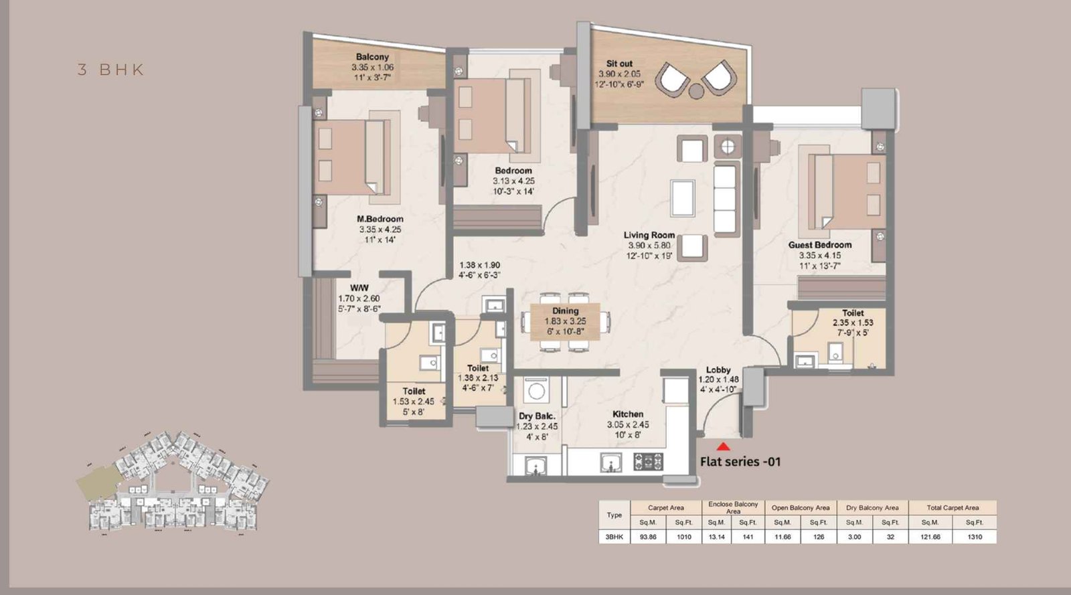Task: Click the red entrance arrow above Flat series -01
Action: (x=723, y=446)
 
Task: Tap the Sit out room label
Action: (x=619, y=64)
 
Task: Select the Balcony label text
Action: (x=372, y=58)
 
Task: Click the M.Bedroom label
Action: (x=380, y=219)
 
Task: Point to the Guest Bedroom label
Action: (x=819, y=245)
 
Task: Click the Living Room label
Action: (x=649, y=235)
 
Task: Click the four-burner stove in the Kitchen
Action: (x=648, y=461)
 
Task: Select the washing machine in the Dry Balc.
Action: (x=535, y=391)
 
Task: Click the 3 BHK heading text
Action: (x=111, y=70)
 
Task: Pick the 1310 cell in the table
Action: (x=974, y=537)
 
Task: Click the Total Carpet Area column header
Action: (x=952, y=507)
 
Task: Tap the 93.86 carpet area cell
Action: (x=648, y=537)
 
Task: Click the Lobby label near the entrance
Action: (x=718, y=369)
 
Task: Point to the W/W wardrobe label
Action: (x=359, y=288)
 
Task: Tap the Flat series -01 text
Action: (x=740, y=461)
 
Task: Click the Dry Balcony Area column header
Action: (x=872, y=507)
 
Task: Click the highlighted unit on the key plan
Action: (x=98, y=480)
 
